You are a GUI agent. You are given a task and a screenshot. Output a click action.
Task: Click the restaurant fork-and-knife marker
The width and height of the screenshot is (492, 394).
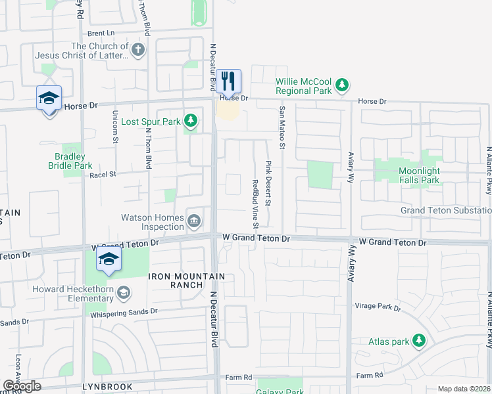coord(229,81)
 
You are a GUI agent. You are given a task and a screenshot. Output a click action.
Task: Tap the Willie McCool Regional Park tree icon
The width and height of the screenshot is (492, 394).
coord(341,84)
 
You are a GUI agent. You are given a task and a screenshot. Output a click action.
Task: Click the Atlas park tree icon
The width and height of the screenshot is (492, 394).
coord(418,340)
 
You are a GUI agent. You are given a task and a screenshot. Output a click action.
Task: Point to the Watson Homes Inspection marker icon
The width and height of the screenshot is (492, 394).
coord(194,220)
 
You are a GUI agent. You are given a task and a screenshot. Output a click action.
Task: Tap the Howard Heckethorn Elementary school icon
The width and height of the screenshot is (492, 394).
coord(123,292)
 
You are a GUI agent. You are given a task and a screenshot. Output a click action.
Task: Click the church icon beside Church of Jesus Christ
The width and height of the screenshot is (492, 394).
coord(137,49)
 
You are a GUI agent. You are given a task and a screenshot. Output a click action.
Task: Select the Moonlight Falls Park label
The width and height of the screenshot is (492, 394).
coord(428,175)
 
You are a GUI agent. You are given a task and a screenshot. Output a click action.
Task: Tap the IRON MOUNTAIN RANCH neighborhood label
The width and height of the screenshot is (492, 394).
coord(187,276)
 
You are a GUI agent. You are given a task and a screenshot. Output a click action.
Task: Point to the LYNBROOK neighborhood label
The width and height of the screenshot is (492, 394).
coord(107,387)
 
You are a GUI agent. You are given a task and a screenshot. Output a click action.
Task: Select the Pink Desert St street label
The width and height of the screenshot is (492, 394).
coord(268,183)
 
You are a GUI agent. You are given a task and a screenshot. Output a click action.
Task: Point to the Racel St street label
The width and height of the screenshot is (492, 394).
coord(102,174)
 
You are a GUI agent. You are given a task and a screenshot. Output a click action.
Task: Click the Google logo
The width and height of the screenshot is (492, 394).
coord(22,386)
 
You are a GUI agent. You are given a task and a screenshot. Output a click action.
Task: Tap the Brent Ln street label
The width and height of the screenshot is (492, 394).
coord(101,33)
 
